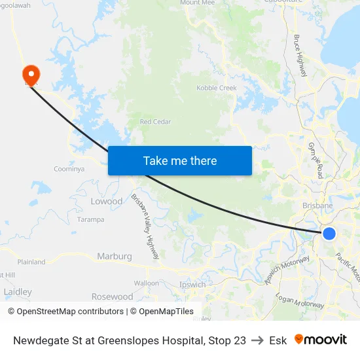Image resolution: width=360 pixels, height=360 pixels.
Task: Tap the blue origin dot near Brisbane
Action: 329,234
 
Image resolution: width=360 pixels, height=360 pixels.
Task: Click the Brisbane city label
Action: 318,206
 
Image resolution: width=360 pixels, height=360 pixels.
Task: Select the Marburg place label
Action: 115,256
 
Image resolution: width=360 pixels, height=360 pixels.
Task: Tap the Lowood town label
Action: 106,201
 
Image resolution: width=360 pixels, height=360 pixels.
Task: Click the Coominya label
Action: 69,169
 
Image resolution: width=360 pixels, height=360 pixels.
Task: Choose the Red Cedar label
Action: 154,122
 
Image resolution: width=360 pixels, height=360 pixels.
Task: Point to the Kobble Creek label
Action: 217,88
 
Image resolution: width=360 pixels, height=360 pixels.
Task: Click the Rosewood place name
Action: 112,297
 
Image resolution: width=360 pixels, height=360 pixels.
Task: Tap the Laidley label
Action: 18,291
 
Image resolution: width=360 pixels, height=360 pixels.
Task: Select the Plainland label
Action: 31,262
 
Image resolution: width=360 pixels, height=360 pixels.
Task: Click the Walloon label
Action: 146,283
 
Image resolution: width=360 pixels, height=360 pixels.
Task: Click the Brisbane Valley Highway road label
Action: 145,226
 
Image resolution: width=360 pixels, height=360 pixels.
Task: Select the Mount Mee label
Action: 197,3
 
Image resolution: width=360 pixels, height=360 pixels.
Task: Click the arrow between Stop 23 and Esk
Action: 257,340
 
